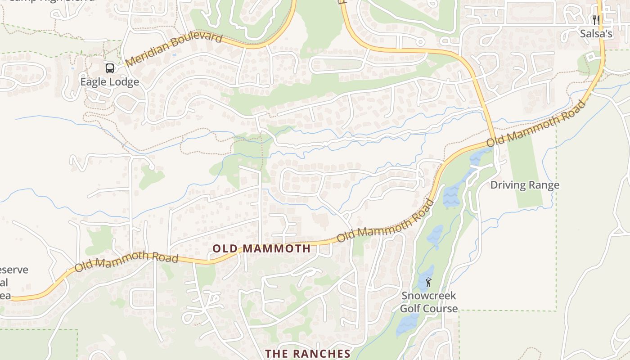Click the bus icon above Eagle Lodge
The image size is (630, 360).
110,68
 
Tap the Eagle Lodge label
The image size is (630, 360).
110,82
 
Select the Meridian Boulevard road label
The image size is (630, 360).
174,49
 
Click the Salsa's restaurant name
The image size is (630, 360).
596,34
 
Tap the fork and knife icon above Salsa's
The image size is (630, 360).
596,20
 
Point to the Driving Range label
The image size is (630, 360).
525,185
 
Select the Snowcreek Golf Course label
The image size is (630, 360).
429,302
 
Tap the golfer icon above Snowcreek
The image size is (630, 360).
428,283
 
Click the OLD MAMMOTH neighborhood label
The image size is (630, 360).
261,248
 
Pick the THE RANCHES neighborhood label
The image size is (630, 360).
307,354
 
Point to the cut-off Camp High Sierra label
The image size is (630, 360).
52,1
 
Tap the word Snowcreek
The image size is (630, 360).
423,296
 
